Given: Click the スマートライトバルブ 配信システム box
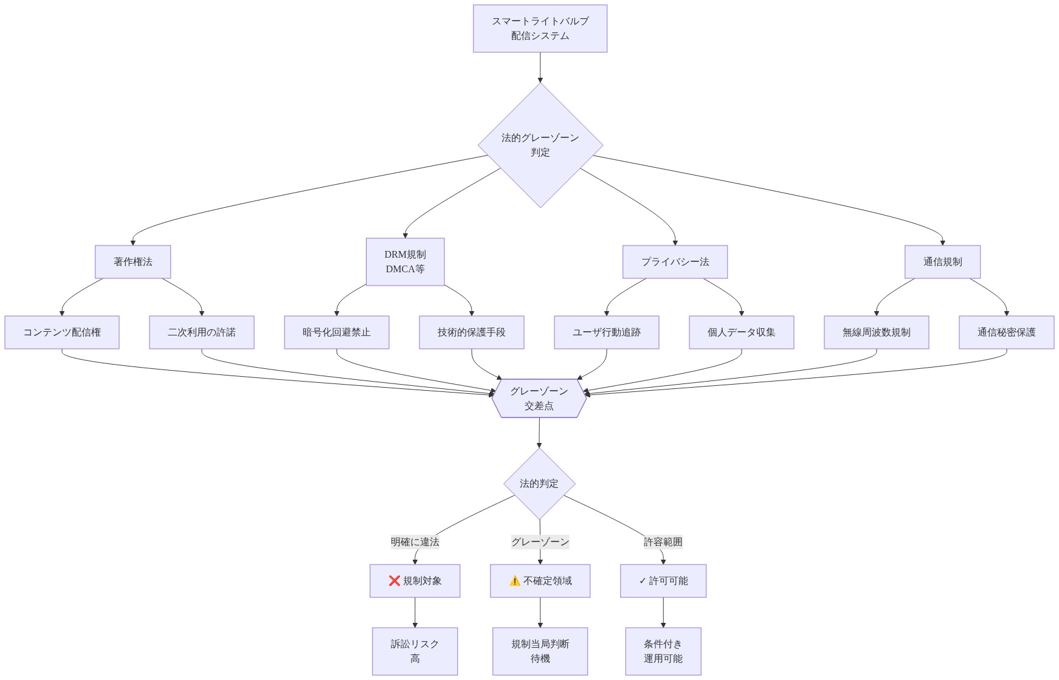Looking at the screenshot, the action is point(540,29).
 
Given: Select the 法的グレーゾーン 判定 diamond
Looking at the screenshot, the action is point(540,145).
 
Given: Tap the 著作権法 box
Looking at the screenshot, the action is point(133,262).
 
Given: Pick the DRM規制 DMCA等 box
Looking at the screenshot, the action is point(405,262).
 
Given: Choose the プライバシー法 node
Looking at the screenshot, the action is point(675,262).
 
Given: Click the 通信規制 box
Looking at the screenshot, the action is point(942,262).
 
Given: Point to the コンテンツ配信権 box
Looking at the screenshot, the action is point(62,332).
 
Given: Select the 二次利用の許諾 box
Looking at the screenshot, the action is point(202,332).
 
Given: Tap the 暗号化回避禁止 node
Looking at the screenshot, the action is point(337,332).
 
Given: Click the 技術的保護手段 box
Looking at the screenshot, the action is point(472,332).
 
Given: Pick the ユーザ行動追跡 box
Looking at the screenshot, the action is point(607,332).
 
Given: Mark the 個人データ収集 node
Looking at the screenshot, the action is point(742,332).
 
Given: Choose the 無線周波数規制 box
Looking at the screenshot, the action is point(877,332).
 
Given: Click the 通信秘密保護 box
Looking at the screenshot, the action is point(1007,332).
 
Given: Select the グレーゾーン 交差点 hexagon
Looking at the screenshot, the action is point(539,399).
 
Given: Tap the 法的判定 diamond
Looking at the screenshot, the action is point(539,484).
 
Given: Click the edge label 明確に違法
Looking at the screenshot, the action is point(415,541).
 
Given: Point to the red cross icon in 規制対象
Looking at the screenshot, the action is point(395,581).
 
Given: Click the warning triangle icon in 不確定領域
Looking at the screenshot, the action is point(515,581).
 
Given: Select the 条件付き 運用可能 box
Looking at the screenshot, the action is point(663,651).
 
